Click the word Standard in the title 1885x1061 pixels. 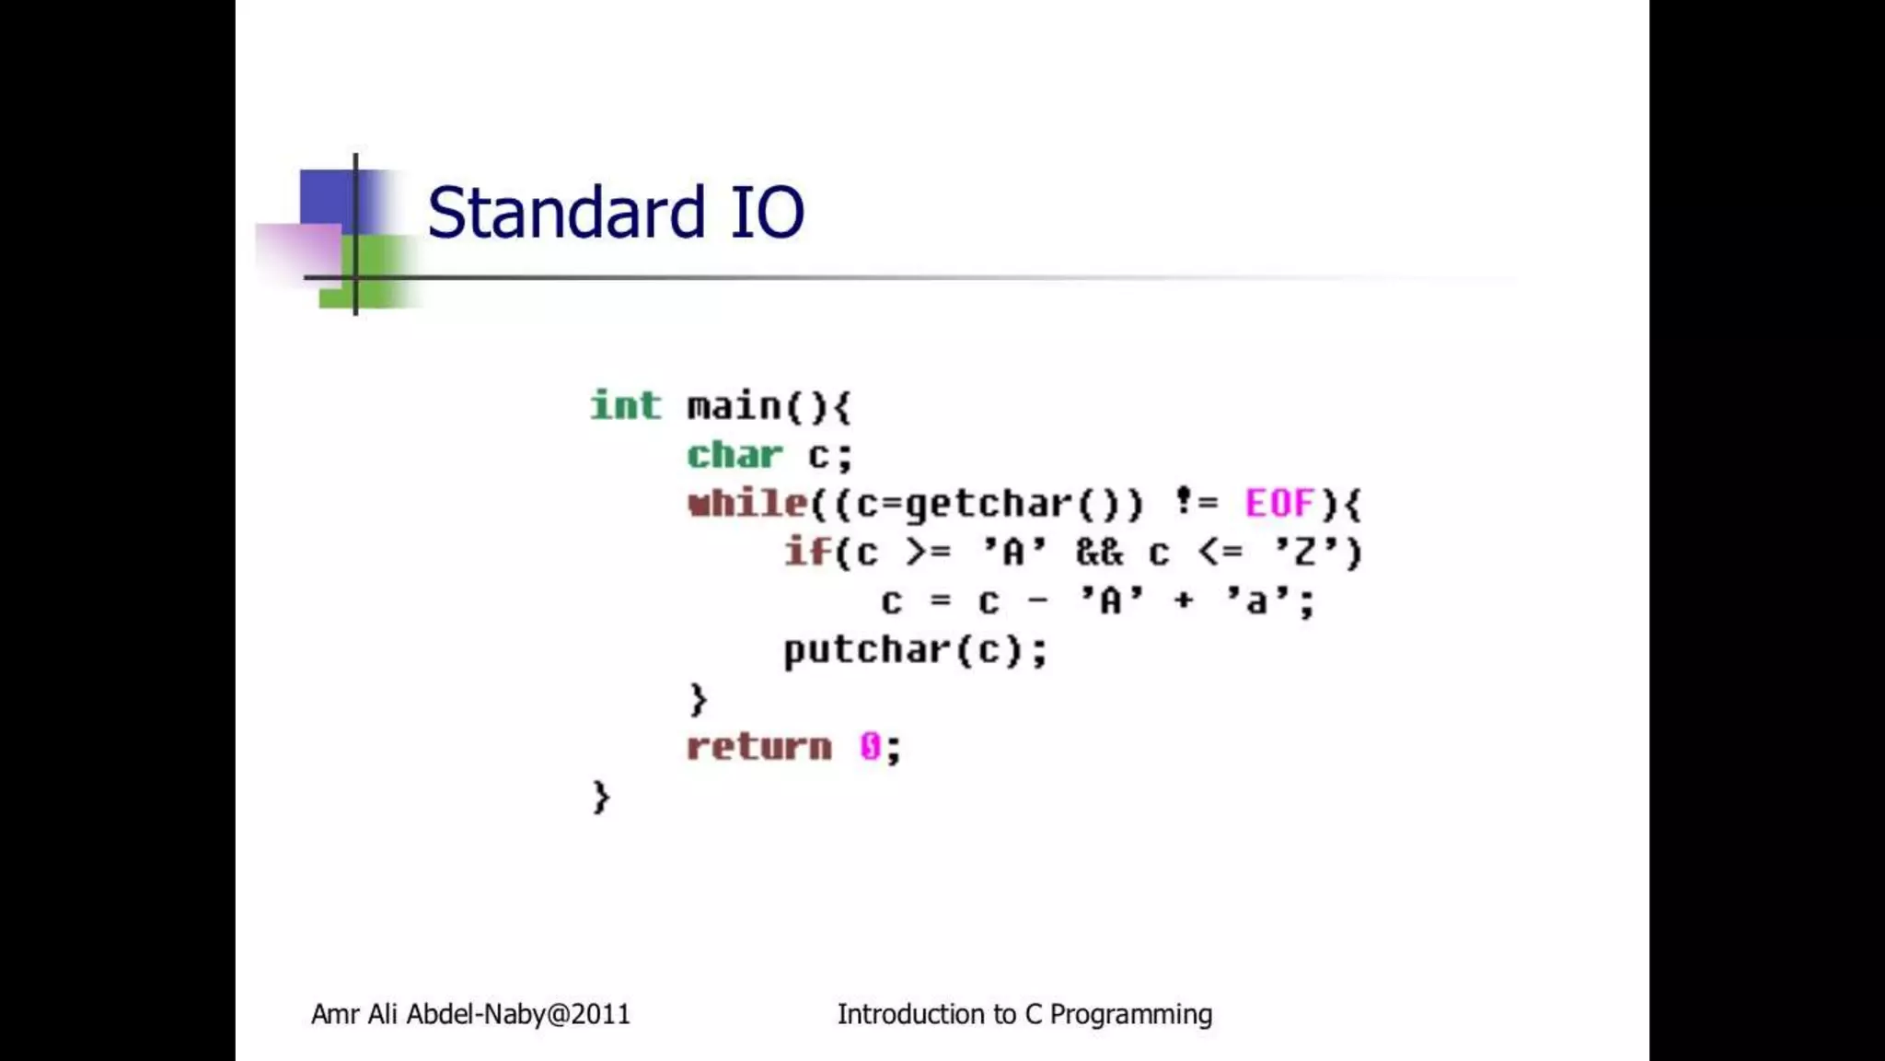[566, 213]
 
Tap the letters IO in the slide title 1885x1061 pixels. [767, 213]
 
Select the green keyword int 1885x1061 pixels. [625, 405]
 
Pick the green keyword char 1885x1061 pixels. [734, 455]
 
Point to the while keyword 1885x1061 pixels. [746, 504]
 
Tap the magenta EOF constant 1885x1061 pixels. [1279, 504]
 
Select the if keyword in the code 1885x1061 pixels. [807, 553]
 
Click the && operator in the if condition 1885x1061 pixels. [1099, 553]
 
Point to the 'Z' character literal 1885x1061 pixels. [1304, 552]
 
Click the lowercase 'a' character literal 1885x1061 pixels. [1255, 601]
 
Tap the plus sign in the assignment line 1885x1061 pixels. [1183, 601]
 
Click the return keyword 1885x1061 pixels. [759, 747]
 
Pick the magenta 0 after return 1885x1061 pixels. [870, 747]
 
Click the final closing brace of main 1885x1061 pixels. [600, 797]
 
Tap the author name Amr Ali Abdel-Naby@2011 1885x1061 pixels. [470, 1014]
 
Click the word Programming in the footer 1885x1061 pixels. [1130, 1014]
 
